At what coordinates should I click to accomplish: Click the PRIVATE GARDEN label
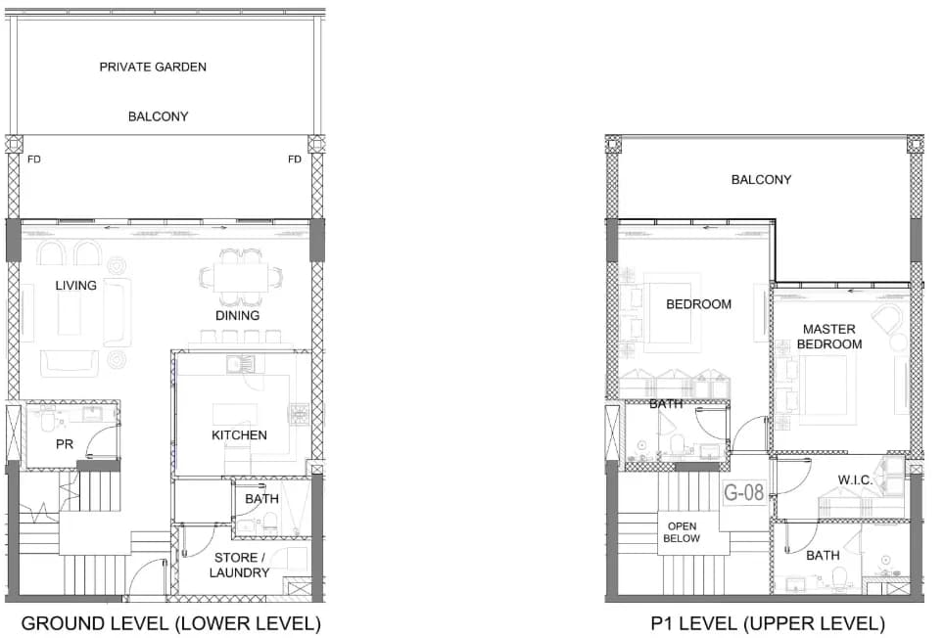(x=153, y=67)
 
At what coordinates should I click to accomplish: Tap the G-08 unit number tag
(x=743, y=492)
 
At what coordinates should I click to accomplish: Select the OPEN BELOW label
(x=682, y=532)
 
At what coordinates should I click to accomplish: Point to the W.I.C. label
(x=855, y=479)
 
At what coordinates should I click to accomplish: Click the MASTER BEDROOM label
(x=829, y=337)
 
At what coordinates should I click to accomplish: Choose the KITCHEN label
(x=239, y=434)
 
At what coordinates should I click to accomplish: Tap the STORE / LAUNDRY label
(x=239, y=566)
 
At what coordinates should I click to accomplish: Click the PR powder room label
(x=65, y=444)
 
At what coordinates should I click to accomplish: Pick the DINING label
(x=238, y=315)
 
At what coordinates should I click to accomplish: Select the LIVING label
(x=75, y=285)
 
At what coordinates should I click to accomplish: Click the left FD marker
(x=33, y=159)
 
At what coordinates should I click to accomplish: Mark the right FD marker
(x=295, y=159)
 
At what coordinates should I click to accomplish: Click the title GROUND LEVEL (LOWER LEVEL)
(x=171, y=623)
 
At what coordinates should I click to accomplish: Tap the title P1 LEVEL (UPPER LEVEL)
(x=768, y=623)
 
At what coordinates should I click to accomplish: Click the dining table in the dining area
(x=241, y=278)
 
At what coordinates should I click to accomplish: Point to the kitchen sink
(x=240, y=363)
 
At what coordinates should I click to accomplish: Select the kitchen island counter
(x=235, y=414)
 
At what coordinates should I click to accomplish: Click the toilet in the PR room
(x=47, y=421)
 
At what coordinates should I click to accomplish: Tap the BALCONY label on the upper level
(x=761, y=179)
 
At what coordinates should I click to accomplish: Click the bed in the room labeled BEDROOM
(x=672, y=313)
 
